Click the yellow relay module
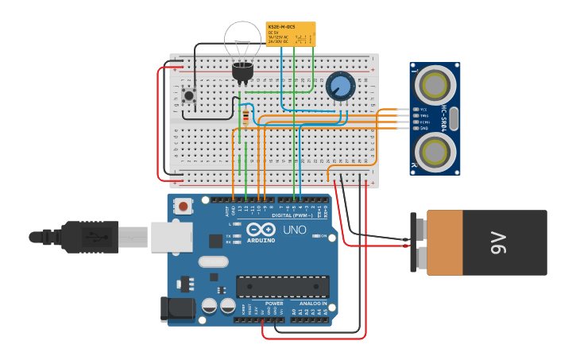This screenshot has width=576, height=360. (x=290, y=34)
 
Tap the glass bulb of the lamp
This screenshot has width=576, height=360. (x=242, y=41)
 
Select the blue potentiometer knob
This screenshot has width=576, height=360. (x=340, y=86)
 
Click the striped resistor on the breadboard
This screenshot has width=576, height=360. (x=245, y=118)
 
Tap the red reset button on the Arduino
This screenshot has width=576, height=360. (x=184, y=207)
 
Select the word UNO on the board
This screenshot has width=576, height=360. (x=295, y=230)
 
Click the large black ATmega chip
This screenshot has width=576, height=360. (x=283, y=287)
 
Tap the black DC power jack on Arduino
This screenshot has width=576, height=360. (x=177, y=310)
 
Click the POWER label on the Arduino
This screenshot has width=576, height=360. (x=274, y=304)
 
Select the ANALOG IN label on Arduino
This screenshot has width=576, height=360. (x=313, y=304)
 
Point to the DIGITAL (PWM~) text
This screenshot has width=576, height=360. (x=293, y=215)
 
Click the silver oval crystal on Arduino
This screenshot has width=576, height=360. (x=213, y=261)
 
